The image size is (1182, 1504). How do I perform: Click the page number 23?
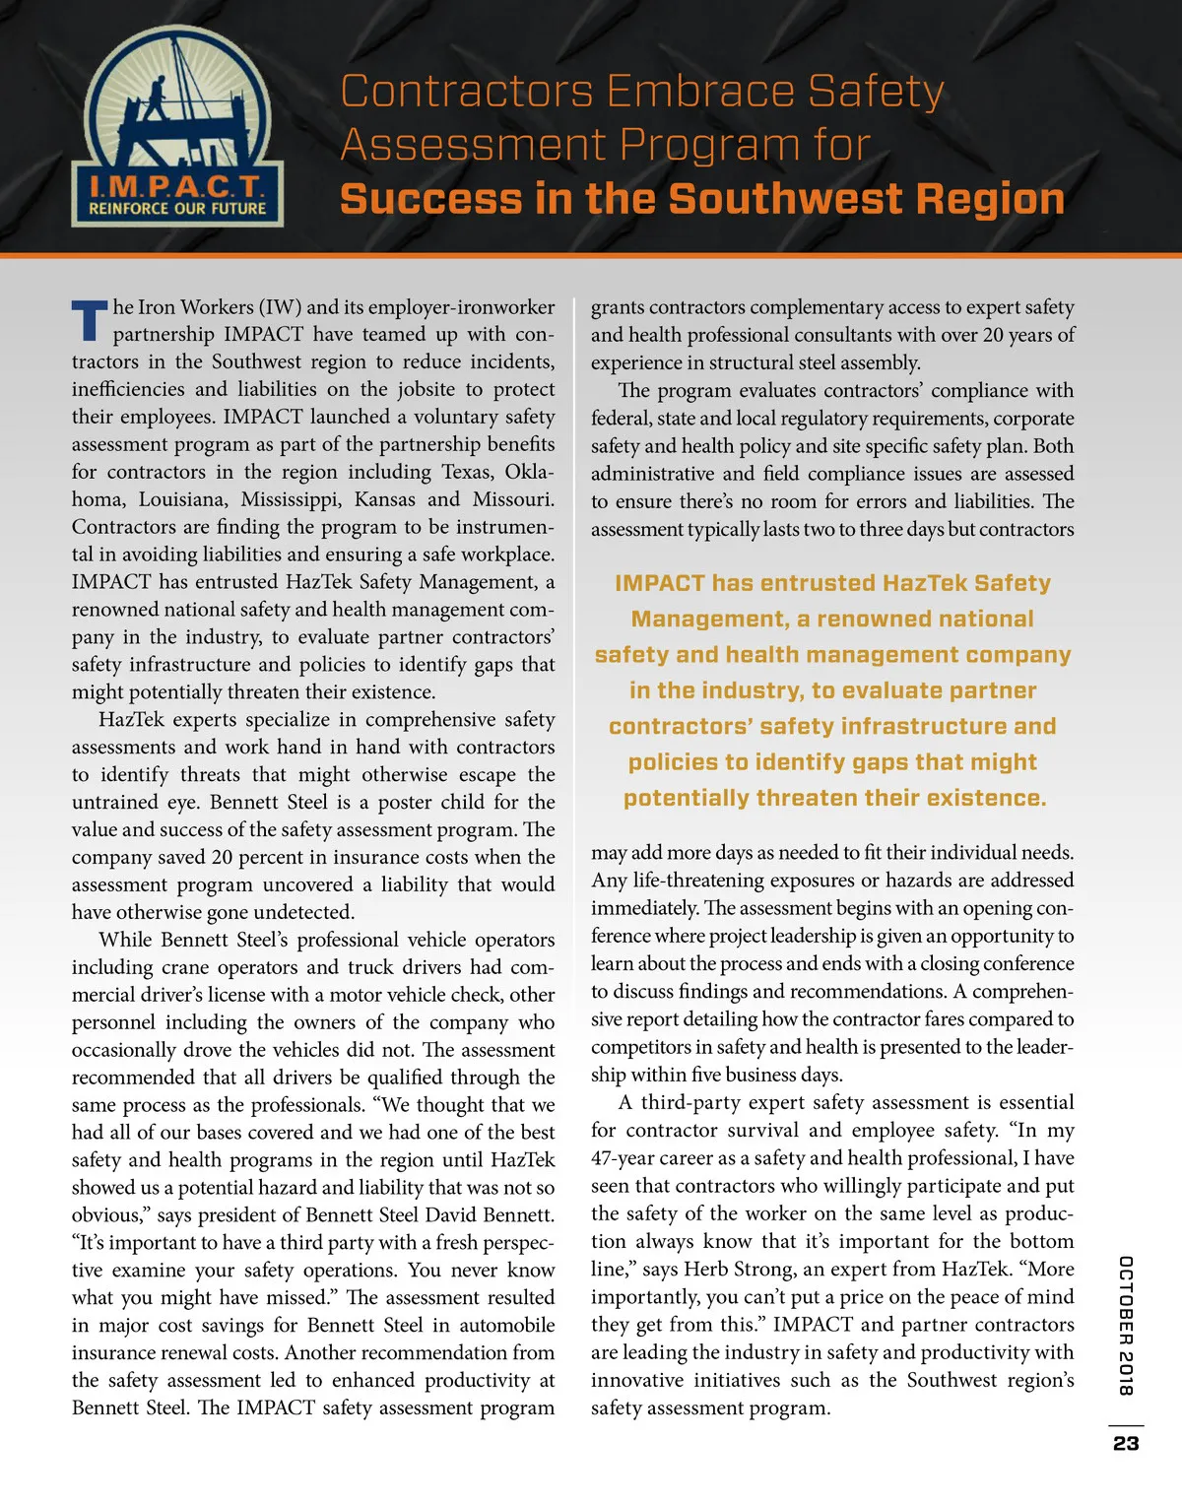[1126, 1443]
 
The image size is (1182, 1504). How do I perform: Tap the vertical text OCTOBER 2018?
[1126, 1326]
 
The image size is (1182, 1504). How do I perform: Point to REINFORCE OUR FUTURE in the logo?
[177, 209]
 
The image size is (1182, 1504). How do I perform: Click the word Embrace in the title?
[700, 92]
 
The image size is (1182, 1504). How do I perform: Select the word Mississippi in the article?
[292, 499]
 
